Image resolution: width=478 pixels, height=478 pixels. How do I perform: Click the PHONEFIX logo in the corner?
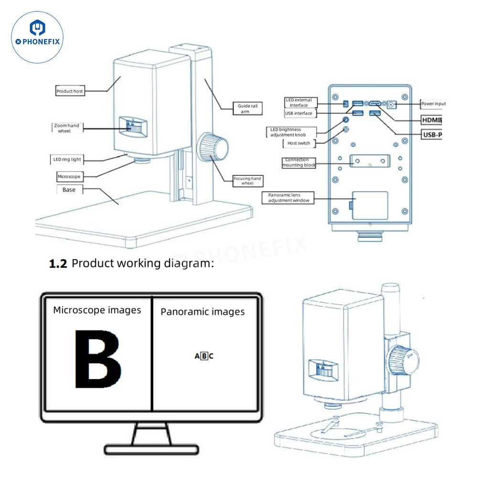[37, 37]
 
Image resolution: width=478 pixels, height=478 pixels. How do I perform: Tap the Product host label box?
[70, 91]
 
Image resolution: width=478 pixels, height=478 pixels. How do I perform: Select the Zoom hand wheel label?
[66, 128]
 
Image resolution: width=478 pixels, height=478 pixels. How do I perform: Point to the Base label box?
[69, 190]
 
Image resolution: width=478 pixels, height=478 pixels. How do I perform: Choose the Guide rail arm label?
[248, 108]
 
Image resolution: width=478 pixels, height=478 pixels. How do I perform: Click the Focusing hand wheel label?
[247, 181]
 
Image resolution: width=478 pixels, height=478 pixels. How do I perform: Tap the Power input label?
[433, 104]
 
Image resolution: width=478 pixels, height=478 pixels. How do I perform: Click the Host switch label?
[298, 143]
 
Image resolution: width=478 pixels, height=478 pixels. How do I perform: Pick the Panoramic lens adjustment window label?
[288, 198]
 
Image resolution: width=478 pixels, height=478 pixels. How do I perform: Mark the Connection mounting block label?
[299, 163]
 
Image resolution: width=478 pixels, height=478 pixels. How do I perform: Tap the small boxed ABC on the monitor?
[204, 356]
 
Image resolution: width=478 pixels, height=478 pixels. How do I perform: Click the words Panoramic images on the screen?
[202, 312]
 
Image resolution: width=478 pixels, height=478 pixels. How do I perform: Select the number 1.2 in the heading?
[58, 263]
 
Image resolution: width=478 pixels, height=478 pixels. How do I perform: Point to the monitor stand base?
[151, 449]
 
